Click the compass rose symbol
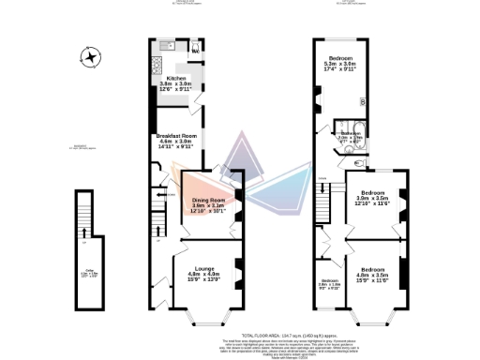pyautogui.click(x=90, y=59)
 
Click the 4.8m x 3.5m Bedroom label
pyautogui.click(x=375, y=273)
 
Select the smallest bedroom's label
pyautogui.click(x=329, y=284)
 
